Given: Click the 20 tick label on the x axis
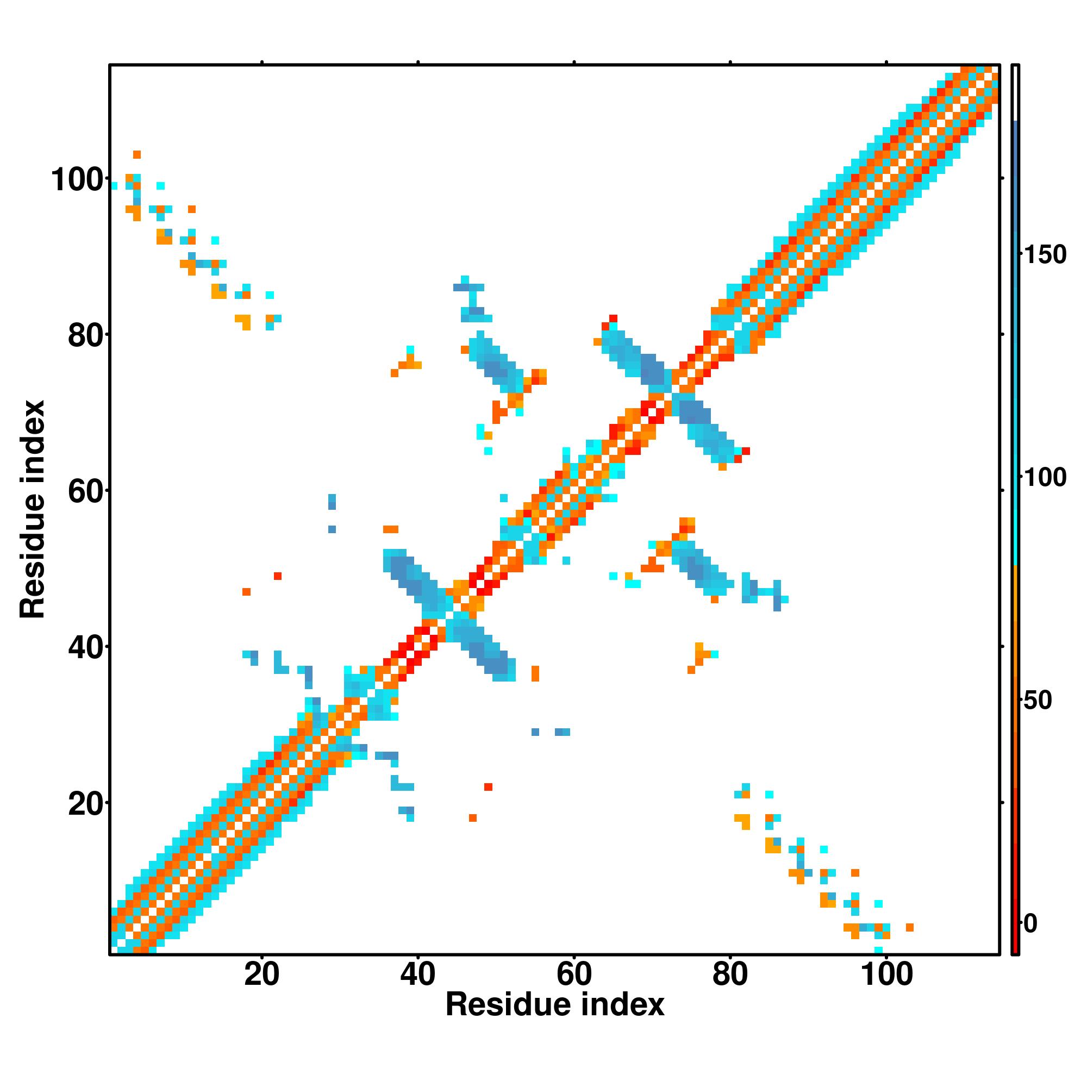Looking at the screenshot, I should [x=261, y=974].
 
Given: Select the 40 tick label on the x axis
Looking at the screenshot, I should [x=417, y=974].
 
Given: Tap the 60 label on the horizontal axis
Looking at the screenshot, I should [x=574, y=974].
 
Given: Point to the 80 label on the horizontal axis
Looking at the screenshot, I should [x=730, y=974].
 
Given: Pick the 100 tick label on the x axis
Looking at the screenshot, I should [x=886, y=974].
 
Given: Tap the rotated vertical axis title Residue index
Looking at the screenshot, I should [x=33, y=509].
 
